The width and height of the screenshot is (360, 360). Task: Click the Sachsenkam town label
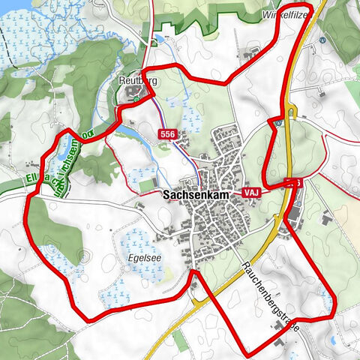pyautogui.click(x=196, y=193)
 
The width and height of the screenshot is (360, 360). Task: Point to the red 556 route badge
pyautogui.click(x=168, y=133)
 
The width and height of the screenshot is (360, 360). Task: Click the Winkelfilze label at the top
pyautogui.click(x=286, y=14)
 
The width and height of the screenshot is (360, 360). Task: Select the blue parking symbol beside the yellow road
pyautogui.click(x=278, y=120)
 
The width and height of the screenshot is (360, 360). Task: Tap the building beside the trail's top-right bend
pyautogui.click(x=249, y=54)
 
